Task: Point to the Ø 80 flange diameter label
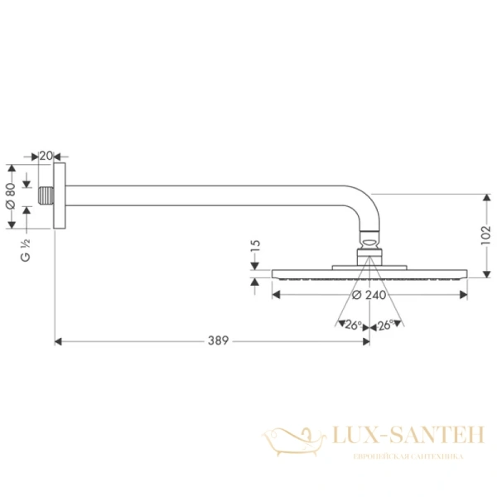pos(10,195)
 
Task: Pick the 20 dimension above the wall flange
pos(46,155)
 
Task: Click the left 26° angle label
pos(355,325)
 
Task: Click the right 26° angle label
pos(384,325)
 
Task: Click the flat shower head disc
pos(369,273)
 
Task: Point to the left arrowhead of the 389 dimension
pos(58,340)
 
